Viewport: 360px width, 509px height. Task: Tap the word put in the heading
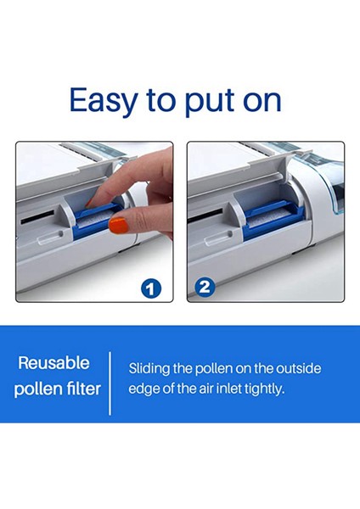(213, 101)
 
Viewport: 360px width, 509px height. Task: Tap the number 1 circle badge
(151, 288)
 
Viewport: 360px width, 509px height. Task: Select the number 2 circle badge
(204, 287)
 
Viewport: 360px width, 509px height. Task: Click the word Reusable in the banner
(54, 363)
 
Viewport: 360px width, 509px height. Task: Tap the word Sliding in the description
(149, 369)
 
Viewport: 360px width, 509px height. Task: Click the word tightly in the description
(287, 389)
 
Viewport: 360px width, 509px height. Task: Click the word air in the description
(222, 389)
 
